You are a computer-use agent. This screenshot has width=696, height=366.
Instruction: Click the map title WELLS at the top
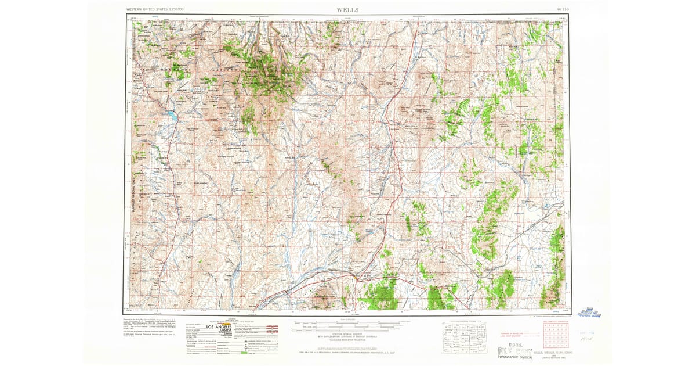coord(347,10)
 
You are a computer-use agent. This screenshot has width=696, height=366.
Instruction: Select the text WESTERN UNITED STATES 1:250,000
coord(155,10)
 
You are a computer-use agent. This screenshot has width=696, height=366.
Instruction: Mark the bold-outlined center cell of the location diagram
coord(462,337)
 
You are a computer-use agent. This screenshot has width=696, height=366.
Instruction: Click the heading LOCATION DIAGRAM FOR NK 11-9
coord(463,321)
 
